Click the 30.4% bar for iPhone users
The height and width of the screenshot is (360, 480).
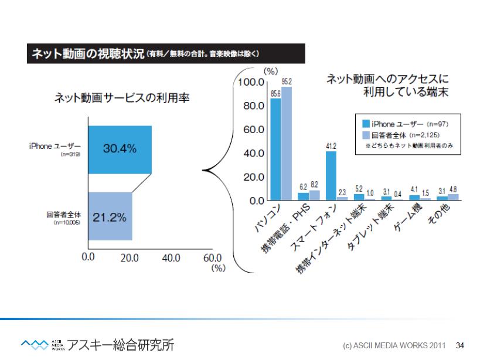(120, 150)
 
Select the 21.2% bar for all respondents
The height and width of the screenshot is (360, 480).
(110, 216)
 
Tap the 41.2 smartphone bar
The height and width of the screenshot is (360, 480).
(331, 175)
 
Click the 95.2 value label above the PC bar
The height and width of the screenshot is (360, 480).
(287, 80)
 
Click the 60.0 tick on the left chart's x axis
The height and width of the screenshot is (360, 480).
(212, 258)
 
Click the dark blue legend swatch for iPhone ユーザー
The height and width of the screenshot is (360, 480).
(366, 124)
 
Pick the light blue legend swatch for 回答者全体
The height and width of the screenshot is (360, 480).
(366, 135)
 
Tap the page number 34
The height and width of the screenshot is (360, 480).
(460, 344)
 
